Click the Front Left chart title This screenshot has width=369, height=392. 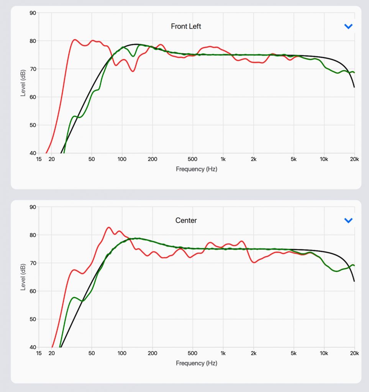pos(186,26)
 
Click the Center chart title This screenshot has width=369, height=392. pos(186,220)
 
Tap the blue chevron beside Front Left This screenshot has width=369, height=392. pos(348,26)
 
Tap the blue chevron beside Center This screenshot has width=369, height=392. pos(348,220)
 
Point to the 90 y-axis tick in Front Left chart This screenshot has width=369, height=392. pos(33,13)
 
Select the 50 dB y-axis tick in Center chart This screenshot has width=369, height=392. pos(33,319)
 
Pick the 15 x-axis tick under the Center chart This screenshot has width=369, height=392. pos(39,353)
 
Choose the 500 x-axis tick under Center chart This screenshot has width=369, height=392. pos(192,353)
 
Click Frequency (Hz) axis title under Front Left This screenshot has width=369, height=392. pos(197,169)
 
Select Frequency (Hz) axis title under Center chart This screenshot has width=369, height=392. pos(197,363)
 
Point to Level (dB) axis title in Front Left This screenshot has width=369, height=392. pos(23,83)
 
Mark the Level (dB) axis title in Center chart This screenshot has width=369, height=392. pos(23,277)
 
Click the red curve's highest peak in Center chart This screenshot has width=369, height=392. pos(108,227)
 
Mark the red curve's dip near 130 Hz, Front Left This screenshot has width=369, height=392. pos(133,71)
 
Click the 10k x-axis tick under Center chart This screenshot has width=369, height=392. pos(324,353)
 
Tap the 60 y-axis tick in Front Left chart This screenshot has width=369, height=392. pos(33,97)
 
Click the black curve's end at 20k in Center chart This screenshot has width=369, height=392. pos(354,281)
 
